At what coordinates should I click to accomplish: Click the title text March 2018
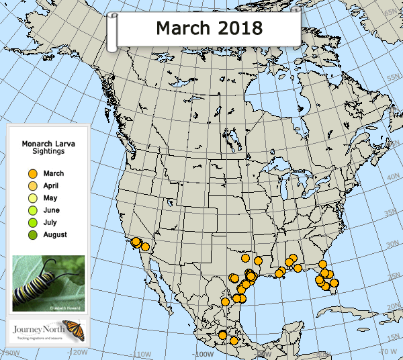click(208, 28)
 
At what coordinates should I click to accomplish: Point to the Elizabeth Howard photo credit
click(65, 307)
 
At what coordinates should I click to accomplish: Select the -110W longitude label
click(139, 353)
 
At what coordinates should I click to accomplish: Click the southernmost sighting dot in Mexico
click(234, 341)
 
